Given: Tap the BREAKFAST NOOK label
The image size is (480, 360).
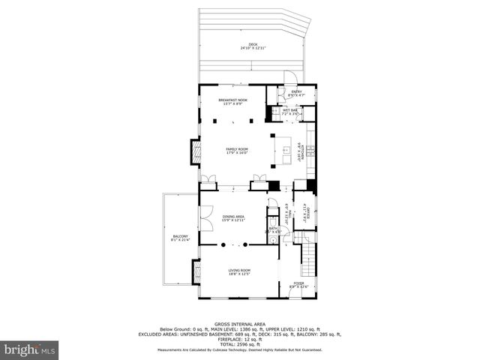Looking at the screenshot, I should pos(232,100).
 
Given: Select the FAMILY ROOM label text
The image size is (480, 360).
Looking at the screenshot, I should pos(237,150).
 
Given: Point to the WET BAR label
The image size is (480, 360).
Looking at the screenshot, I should pos(289,111).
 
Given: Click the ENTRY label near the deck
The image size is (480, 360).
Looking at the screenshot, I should pos(296,93).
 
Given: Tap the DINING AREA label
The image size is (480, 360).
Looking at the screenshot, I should pos(233,218).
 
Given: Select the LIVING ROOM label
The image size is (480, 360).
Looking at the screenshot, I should pos(239,271).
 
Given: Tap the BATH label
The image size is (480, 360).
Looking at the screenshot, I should pos(273,229).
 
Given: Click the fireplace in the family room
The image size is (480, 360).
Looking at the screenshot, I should pos(196,152).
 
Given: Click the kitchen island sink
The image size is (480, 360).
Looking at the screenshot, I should pos(285,151).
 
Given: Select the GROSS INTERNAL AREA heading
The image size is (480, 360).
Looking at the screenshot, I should pos(239,319).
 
